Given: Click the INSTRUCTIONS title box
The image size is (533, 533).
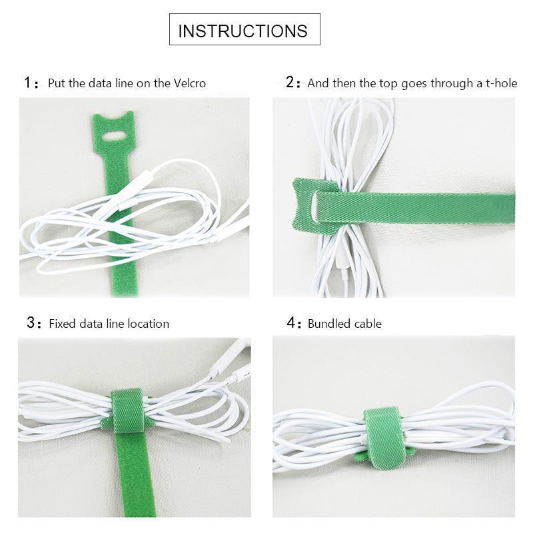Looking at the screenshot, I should click(244, 30).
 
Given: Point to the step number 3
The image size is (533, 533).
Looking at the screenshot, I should click(30, 323).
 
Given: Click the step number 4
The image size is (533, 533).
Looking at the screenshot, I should click(290, 323).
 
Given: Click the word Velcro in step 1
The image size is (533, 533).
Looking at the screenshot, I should click(189, 83).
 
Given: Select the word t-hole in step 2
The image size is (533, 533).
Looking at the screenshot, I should click(499, 83).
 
